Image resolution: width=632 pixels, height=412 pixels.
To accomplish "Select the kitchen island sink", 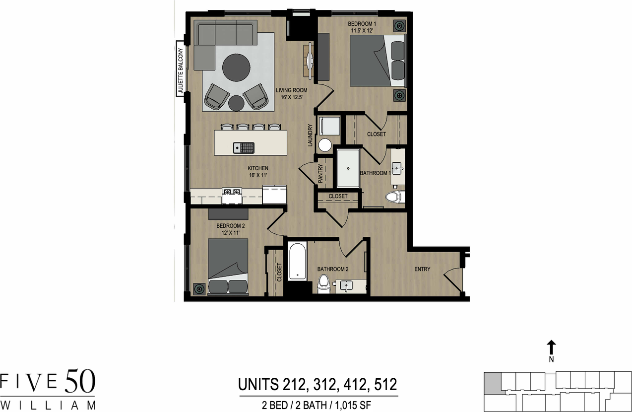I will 244,147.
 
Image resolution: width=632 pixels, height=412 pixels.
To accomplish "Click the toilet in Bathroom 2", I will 323,283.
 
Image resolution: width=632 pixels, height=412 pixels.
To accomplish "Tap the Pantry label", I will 320,174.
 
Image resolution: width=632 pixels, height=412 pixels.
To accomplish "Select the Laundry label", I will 311,135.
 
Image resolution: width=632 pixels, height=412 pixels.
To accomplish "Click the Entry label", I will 422,270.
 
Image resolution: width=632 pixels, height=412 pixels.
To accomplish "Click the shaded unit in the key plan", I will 492,383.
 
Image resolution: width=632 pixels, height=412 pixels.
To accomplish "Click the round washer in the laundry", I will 325,145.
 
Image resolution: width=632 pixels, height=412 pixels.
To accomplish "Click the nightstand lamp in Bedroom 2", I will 199,288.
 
